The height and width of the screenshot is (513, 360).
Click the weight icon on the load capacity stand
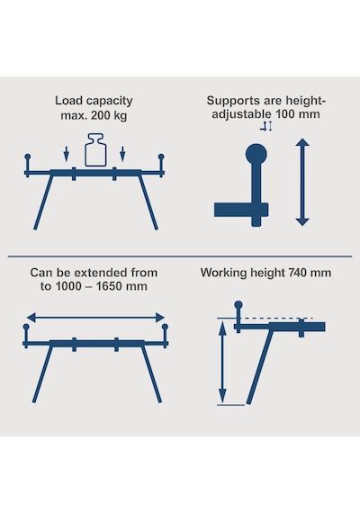pyautogui.click(x=95, y=149)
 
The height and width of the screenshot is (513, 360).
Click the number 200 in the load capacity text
pyautogui.click(x=102, y=115)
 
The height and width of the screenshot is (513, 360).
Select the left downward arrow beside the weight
pyautogui.click(x=67, y=154)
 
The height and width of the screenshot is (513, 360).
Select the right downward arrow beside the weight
pyautogui.click(x=122, y=154)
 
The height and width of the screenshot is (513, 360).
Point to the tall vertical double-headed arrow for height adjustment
pyautogui.click(x=302, y=182)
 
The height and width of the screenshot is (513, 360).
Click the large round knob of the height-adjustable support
pyautogui.click(x=256, y=154)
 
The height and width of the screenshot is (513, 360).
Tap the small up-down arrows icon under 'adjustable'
pyautogui.click(x=266, y=126)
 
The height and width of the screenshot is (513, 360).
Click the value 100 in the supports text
pyautogui.click(x=285, y=114)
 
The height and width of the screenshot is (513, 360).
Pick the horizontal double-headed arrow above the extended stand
pyautogui.click(x=95, y=317)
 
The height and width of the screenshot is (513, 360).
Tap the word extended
pyautogui.click(x=97, y=273)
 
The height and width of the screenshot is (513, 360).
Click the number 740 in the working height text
pyautogui.click(x=300, y=273)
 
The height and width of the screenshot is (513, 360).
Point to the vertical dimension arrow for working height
pyautogui.click(x=222, y=363)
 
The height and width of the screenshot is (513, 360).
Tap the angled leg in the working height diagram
pyautogui.click(x=260, y=366)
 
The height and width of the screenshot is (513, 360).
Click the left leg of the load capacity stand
pyautogui.click(x=43, y=202)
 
